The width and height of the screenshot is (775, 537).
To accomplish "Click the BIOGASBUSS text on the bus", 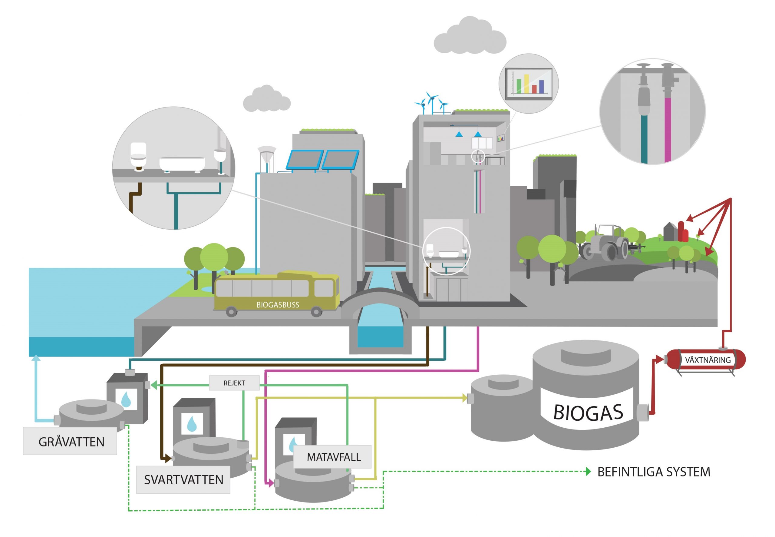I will (277, 305).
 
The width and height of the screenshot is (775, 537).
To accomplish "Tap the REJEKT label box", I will (234, 383).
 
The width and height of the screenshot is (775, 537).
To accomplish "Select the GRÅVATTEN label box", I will (70, 441).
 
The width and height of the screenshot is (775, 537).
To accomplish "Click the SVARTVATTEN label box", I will (183, 479).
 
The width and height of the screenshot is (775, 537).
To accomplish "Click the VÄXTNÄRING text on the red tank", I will (707, 360).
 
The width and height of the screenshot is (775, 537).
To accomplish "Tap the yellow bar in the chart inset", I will (526, 84).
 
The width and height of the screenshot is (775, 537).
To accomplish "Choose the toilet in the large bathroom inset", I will (138, 156).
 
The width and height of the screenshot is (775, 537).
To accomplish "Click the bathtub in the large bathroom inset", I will (182, 164).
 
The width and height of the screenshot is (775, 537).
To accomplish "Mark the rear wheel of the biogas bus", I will (231, 312).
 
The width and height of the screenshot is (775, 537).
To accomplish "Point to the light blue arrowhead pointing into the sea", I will (36, 358).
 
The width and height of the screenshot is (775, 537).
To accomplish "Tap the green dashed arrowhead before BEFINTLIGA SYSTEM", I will (588, 472).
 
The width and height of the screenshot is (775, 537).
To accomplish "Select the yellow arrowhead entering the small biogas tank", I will (465, 398).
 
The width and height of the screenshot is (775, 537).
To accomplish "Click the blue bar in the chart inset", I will (541, 87).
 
